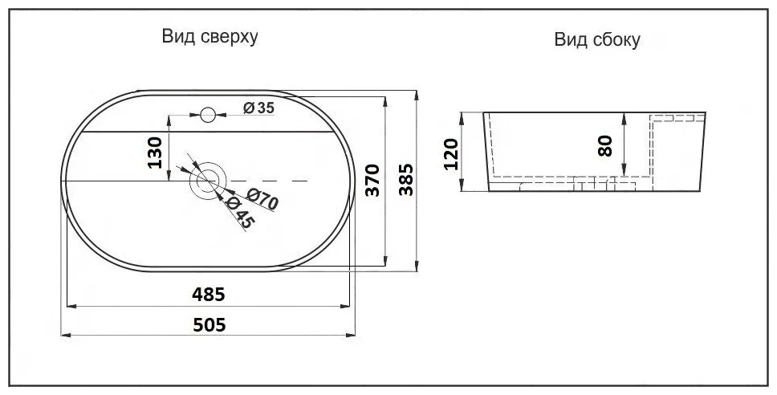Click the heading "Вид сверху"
210,37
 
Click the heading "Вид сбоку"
596,40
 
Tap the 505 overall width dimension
208,324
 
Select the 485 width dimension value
208,294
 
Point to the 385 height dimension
406,181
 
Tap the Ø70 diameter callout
262,198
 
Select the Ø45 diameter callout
239,214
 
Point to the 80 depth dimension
606,145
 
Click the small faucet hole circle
209,115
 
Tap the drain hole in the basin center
208,181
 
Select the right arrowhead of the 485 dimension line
348,305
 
